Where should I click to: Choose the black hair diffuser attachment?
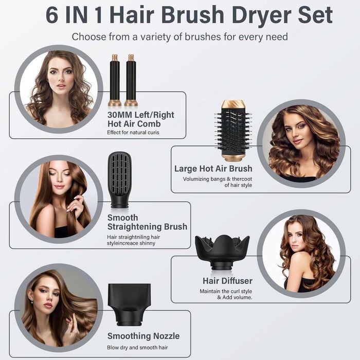(x=222, y=251)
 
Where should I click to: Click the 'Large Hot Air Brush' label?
(x=213, y=169)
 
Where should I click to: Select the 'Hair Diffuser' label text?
(x=227, y=281)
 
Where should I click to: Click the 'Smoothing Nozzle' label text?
(x=143, y=336)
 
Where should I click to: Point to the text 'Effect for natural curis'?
(x=133, y=133)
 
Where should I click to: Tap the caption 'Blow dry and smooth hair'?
(x=138, y=348)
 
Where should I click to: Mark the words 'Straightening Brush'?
(x=147, y=227)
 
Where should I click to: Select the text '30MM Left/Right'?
(x=141, y=115)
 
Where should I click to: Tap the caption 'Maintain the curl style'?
(x=226, y=291)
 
